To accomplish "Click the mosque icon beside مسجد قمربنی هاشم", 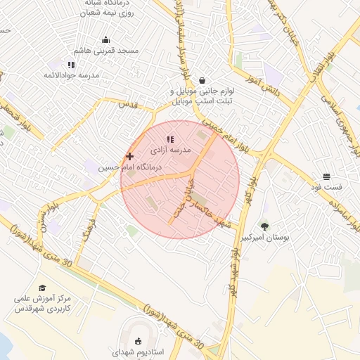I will pos(105,39).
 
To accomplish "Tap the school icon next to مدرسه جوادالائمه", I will pos(71,65).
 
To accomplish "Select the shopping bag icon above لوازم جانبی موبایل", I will pos(202,79).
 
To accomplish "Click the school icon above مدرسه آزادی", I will pos(169,139).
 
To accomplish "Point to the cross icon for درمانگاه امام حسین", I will pos(129,156).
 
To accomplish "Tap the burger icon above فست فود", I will pos(326,176).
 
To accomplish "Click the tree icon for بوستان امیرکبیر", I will pos(264,226).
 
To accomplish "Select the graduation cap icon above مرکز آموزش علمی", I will pos(42,288).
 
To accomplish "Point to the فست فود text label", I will pos(326,188).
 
